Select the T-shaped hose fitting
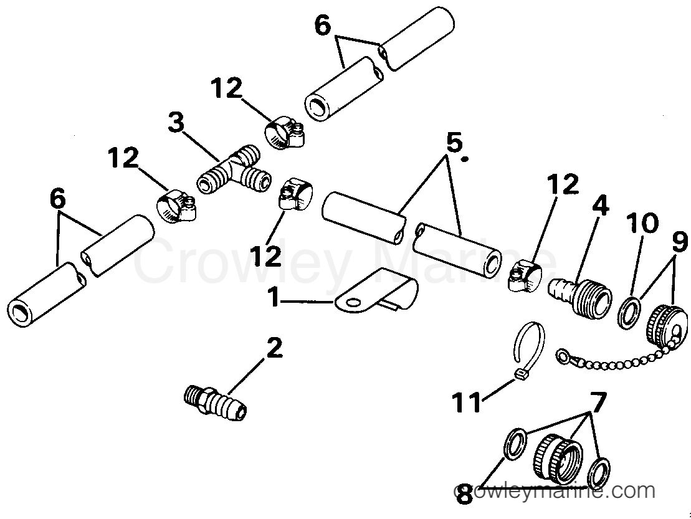(233, 169)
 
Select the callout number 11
(467, 402)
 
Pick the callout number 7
(598, 402)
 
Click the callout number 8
(464, 495)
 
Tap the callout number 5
(454, 144)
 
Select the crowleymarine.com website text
(555, 491)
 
